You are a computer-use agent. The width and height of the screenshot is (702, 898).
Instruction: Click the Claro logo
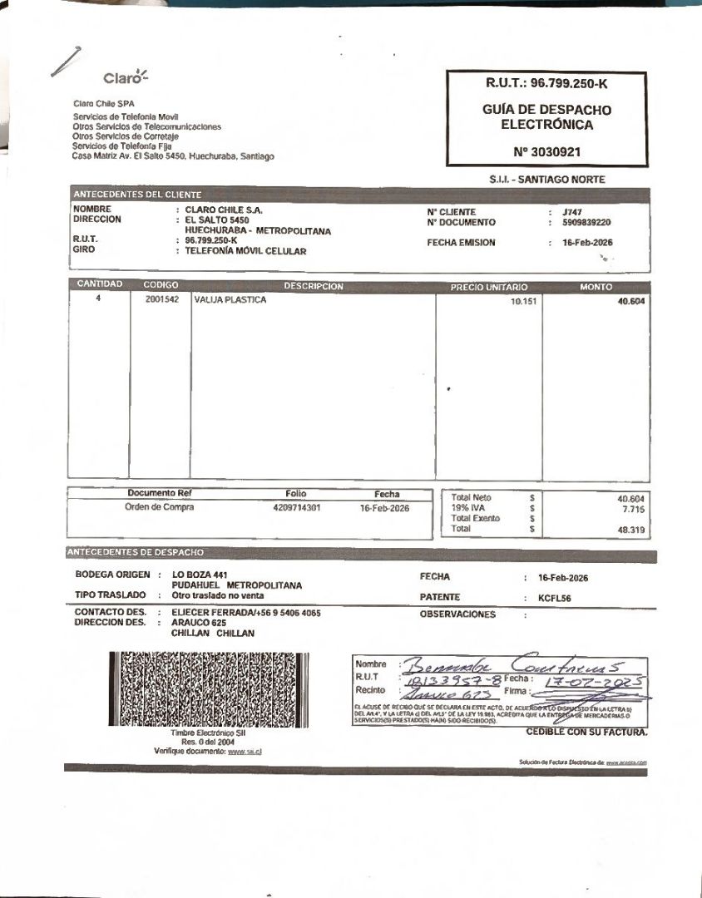point(125,78)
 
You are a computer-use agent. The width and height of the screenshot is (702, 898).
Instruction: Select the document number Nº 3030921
point(547,152)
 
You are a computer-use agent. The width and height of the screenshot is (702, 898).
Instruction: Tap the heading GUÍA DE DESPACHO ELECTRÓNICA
point(546,117)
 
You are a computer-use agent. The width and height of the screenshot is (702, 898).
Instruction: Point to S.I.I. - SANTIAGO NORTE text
point(547,180)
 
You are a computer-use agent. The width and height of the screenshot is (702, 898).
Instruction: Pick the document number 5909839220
point(586,223)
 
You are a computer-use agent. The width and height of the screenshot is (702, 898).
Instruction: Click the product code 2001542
point(162,300)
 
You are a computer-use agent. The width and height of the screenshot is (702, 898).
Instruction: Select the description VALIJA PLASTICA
point(230,300)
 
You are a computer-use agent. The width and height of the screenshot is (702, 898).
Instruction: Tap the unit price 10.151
point(524,302)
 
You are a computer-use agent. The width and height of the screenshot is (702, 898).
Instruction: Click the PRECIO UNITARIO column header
point(489,287)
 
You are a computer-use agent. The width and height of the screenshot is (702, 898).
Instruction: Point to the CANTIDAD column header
point(100,284)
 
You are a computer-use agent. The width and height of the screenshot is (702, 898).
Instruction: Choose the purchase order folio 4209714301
point(296,507)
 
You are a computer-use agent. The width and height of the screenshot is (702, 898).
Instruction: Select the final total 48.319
point(631,529)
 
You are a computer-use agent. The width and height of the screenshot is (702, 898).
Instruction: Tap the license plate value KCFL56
point(554,598)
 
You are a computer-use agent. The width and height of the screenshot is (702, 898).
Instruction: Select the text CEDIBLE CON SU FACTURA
point(586,732)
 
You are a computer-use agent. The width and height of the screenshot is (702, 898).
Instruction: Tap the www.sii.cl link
point(240,751)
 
